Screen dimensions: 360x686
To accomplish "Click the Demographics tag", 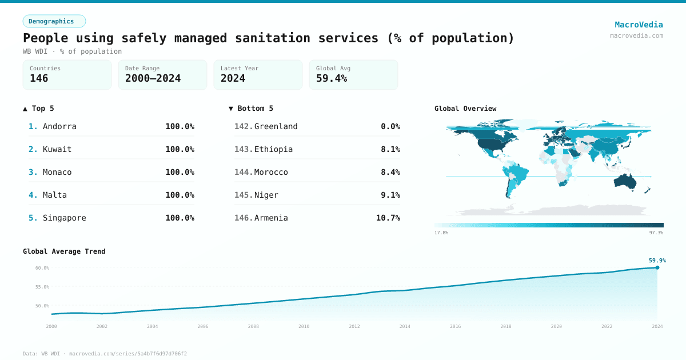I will tap(54, 21).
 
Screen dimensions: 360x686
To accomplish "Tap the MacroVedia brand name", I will tap(639, 25).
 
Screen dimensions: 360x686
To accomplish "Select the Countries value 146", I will tap(39, 78).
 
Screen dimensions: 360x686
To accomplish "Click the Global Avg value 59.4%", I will tap(332, 78).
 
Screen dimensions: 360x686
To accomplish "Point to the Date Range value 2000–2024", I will tap(153, 78).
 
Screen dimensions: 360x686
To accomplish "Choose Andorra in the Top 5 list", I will tap(59, 126).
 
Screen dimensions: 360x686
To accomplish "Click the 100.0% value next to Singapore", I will tap(180, 218).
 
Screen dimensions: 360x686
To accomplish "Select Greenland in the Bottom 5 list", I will tap(276, 126).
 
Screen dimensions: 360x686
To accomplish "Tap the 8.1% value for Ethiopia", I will tap(390, 149).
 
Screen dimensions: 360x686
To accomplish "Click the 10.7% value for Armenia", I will tap(388, 218).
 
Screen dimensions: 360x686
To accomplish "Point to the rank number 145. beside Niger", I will tap(243, 195).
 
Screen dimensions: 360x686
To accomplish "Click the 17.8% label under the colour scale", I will tap(441, 233).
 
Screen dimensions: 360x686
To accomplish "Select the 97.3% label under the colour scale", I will tap(656, 233).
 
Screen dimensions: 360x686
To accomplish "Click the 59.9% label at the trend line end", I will tap(657, 261).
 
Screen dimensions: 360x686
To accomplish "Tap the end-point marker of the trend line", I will tap(657, 267).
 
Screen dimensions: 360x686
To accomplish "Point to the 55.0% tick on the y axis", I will tap(42, 287).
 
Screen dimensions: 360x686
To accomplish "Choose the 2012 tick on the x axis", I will tap(354, 326).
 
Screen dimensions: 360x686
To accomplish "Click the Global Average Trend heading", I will tap(64, 251).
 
